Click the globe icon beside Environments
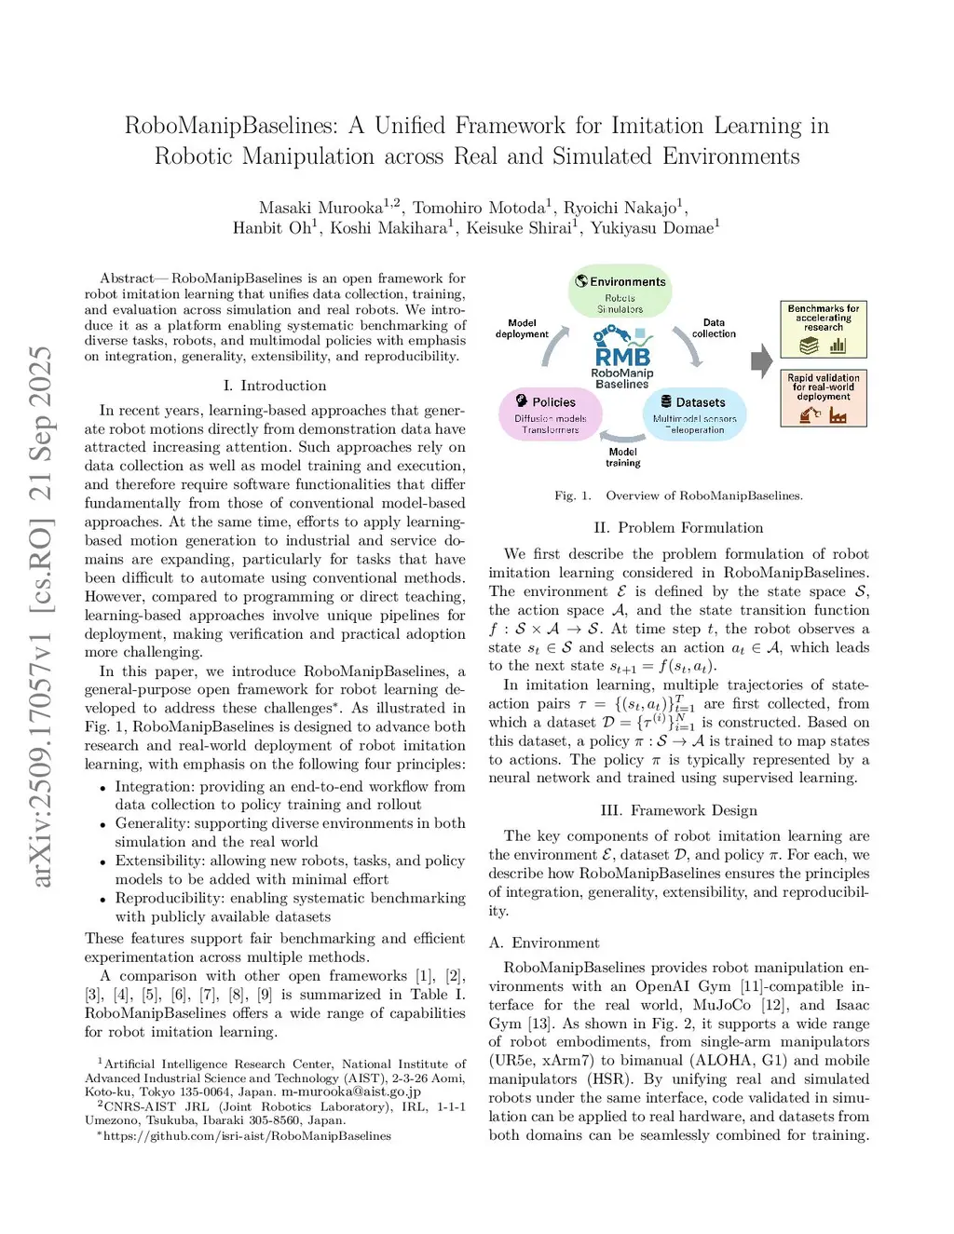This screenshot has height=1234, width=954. pyautogui.click(x=581, y=281)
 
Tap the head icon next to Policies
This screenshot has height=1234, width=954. pyautogui.click(x=520, y=401)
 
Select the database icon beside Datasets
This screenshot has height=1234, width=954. pyautogui.click(x=666, y=401)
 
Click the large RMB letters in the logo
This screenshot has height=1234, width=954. pyautogui.click(x=622, y=356)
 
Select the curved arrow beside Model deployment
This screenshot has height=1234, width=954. pyautogui.click(x=556, y=348)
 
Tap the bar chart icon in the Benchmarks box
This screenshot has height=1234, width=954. pyautogui.click(x=838, y=346)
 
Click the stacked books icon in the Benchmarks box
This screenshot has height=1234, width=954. pyautogui.click(x=809, y=346)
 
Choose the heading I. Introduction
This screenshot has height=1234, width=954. pyautogui.click(x=275, y=386)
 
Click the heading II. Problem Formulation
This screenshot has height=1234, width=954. pyautogui.click(x=678, y=527)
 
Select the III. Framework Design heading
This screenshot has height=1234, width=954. pyautogui.click(x=678, y=810)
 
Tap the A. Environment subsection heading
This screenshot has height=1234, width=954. pyautogui.click(x=544, y=942)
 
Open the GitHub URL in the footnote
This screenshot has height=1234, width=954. pyautogui.click(x=247, y=1136)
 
